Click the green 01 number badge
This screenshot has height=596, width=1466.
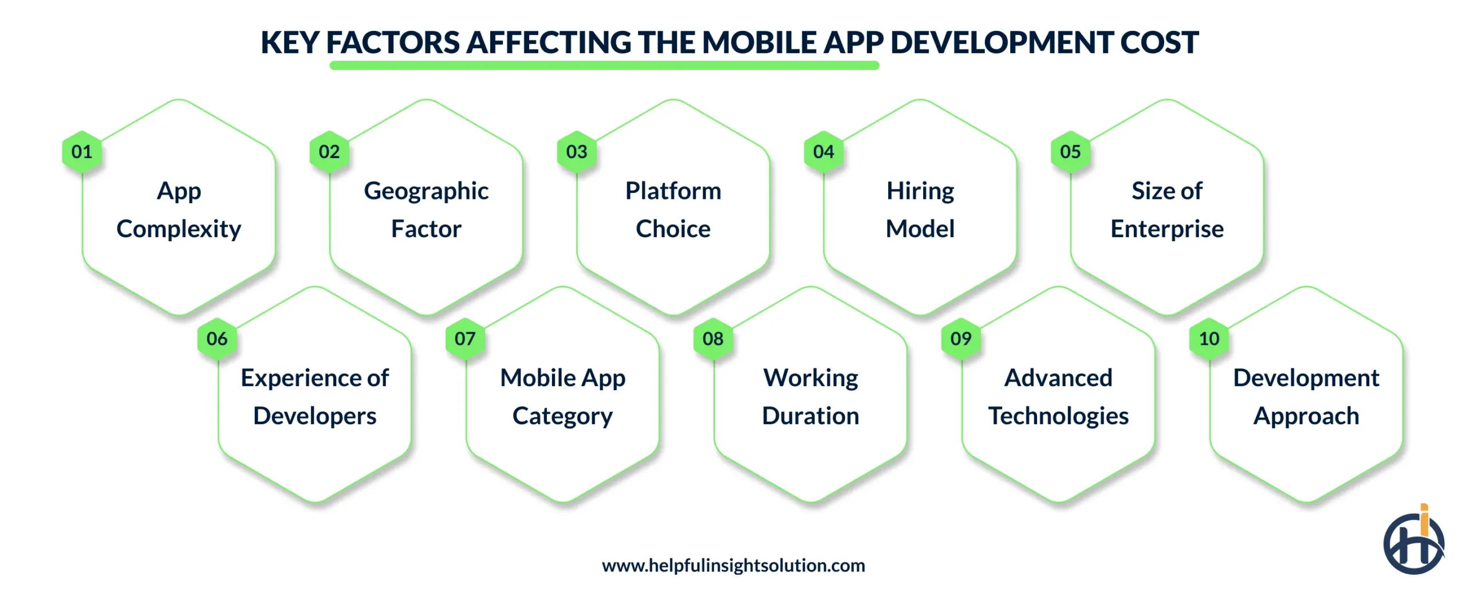click(82, 152)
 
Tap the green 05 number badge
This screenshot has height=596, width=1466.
click(1070, 152)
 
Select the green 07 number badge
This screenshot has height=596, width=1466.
click(465, 339)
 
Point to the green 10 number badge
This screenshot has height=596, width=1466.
click(1209, 339)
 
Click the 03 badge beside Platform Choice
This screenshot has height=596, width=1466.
click(577, 152)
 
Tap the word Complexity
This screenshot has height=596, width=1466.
click(179, 229)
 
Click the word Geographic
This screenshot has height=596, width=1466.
click(426, 191)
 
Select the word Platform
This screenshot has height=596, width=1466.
click(673, 191)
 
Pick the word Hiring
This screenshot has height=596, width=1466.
click(920, 191)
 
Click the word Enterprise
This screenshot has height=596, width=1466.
click(1167, 229)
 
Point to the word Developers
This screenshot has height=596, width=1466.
click(314, 416)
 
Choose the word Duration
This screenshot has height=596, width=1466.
click(810, 416)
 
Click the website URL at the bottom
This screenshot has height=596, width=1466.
click(733, 566)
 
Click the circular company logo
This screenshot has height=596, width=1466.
click(1413, 542)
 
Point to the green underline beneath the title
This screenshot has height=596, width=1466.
click(604, 66)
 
